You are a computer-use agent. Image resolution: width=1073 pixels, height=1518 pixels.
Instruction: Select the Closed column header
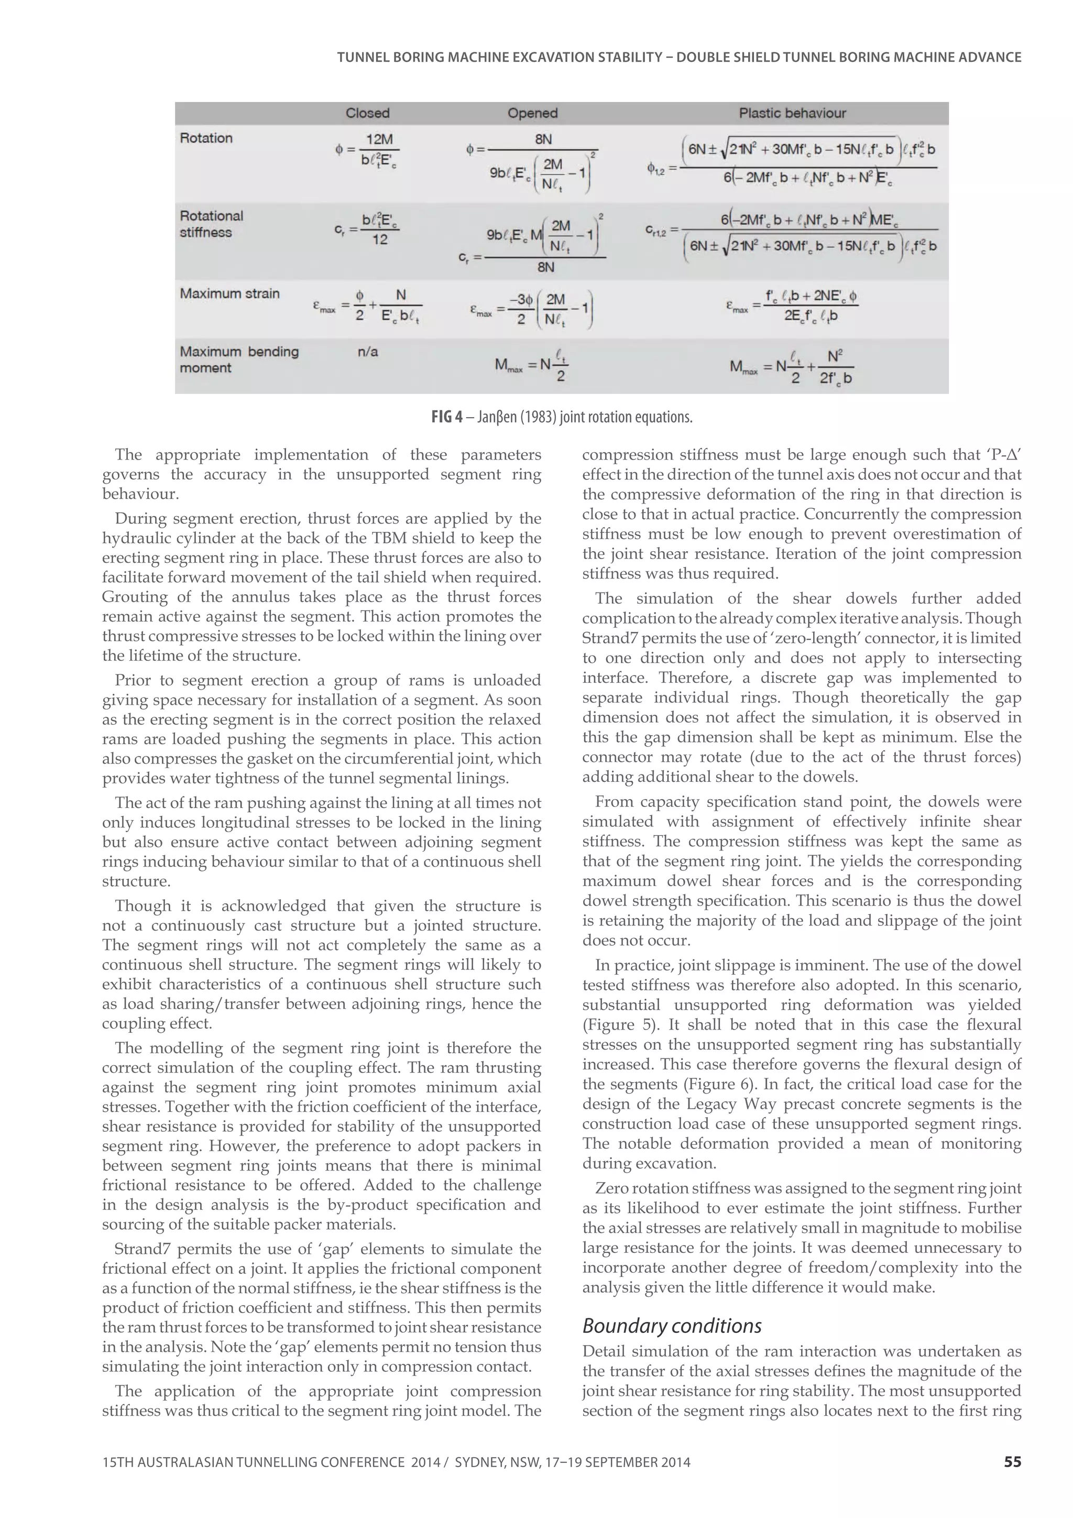[x=368, y=113]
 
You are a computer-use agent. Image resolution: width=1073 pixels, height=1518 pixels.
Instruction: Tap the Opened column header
[x=532, y=113]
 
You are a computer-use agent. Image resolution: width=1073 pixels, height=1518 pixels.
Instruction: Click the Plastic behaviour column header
[x=792, y=113]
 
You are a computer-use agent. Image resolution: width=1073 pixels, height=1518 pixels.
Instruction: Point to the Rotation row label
[x=206, y=138]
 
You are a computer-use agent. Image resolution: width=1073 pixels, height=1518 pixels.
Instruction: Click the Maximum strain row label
[x=229, y=293]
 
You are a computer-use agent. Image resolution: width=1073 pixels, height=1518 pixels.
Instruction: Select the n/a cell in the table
[x=368, y=352]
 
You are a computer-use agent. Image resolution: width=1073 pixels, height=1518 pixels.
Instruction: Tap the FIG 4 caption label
[x=447, y=417]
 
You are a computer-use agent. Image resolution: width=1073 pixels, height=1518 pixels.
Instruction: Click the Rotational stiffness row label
[x=212, y=224]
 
